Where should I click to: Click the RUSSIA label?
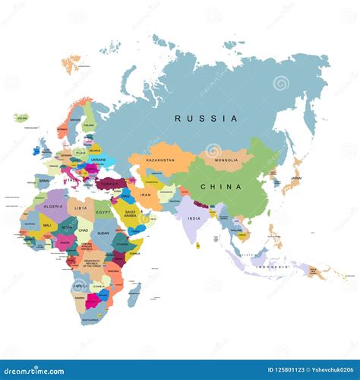tap(206, 119)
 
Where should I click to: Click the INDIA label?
tap(194, 219)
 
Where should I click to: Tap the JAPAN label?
tap(296, 179)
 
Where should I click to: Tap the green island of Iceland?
tap(21, 119)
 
